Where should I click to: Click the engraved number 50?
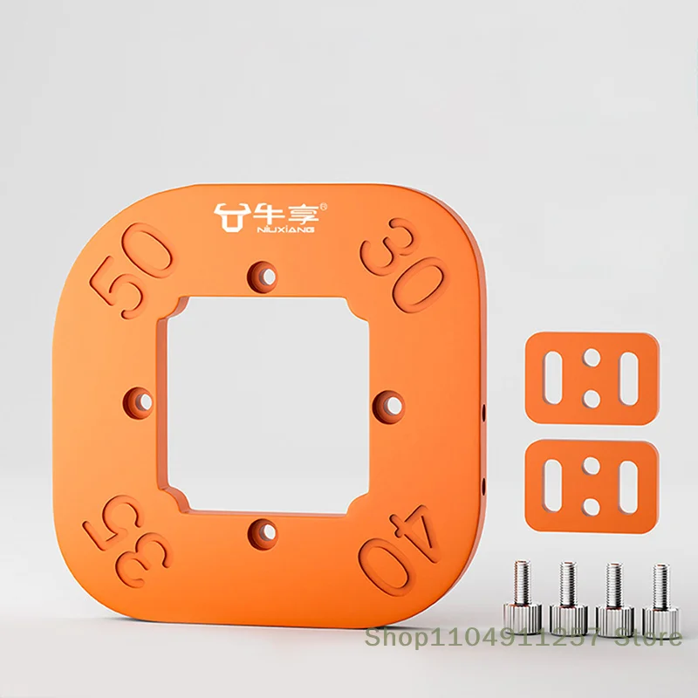(x=132, y=270)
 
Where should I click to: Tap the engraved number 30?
(x=404, y=265)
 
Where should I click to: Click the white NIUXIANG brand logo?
(x=270, y=217)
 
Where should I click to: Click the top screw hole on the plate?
(x=263, y=277)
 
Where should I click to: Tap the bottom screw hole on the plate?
(x=263, y=533)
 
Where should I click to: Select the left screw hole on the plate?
(x=139, y=402)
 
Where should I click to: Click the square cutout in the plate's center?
(x=268, y=405)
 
